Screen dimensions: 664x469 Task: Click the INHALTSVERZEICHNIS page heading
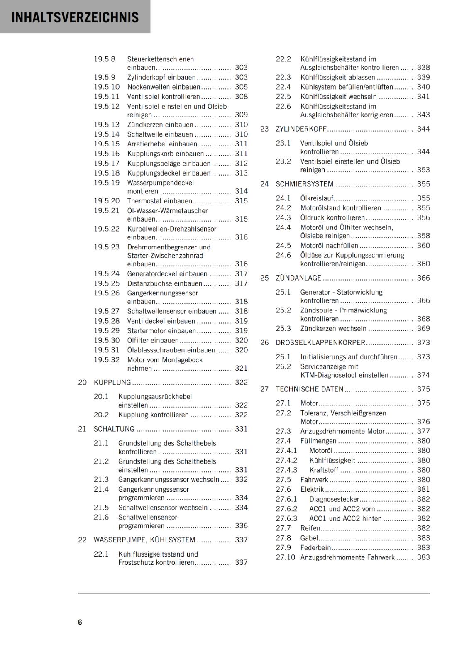75,17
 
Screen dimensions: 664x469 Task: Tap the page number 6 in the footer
80,622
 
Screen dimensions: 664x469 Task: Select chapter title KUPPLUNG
112,382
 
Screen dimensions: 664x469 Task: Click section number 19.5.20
106,201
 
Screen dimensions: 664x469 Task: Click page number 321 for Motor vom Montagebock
241,368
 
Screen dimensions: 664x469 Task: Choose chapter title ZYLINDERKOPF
301,129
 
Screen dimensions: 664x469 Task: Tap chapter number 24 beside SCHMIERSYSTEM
264,184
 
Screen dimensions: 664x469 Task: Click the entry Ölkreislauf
317,198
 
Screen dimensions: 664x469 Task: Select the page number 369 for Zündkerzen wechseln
423,328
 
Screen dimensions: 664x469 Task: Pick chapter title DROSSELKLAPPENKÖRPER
320,343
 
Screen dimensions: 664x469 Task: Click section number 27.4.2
286,460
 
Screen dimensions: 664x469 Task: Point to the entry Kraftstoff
324,470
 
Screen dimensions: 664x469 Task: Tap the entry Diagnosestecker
334,499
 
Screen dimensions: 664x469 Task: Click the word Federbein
315,548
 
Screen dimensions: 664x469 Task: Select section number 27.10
285,557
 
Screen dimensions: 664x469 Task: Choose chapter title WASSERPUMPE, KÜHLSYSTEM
144,540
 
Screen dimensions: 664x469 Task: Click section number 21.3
101,480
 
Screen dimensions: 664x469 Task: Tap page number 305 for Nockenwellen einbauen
241,87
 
